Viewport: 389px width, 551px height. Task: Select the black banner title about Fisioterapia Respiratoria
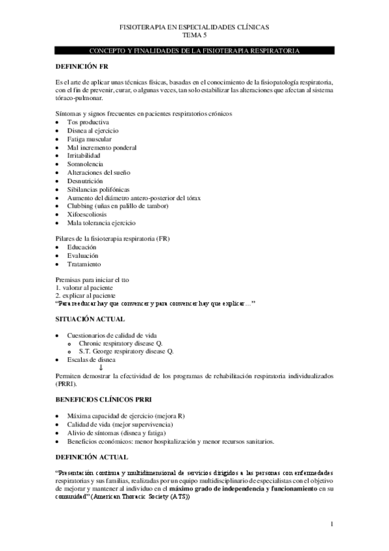194,50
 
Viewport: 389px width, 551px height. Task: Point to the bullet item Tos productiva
88,122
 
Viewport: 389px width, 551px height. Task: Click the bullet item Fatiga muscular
89,139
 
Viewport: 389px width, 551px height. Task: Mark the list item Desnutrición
86,181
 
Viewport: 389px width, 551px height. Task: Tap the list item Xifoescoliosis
88,214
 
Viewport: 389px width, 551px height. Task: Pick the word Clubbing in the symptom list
79,206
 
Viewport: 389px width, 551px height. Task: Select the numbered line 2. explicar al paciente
86,295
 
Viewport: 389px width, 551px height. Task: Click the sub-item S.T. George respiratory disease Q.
126,351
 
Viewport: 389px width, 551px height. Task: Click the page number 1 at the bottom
331,524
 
